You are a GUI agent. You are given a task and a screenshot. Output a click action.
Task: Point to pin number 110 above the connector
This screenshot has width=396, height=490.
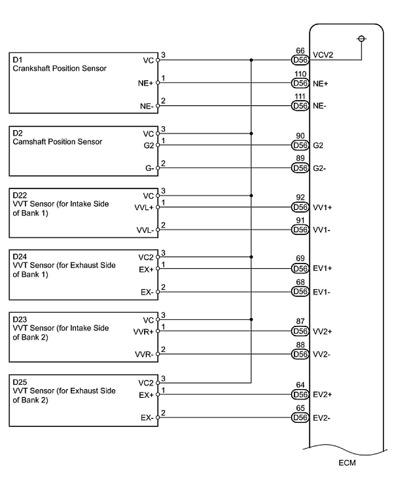click(300, 74)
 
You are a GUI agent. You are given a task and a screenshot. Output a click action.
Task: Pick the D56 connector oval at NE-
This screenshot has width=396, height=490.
click(300, 105)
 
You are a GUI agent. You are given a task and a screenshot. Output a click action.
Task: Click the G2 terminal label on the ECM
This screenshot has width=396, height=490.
click(318, 145)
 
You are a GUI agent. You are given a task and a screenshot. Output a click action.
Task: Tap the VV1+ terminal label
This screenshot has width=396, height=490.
click(322, 207)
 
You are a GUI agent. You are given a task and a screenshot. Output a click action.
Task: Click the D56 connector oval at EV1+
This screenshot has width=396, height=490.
click(300, 269)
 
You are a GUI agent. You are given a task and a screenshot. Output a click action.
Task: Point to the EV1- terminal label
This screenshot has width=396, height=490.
click(322, 292)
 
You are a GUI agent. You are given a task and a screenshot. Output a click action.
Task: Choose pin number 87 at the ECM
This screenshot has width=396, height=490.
click(300, 322)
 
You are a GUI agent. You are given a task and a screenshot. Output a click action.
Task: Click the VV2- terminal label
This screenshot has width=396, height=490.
click(322, 354)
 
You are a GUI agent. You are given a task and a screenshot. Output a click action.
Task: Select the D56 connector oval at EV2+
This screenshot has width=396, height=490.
click(300, 394)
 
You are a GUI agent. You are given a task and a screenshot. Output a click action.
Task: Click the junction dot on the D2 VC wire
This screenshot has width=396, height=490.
click(251, 133)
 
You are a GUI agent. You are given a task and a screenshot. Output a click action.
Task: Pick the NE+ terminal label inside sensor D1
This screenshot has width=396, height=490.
click(146, 83)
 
